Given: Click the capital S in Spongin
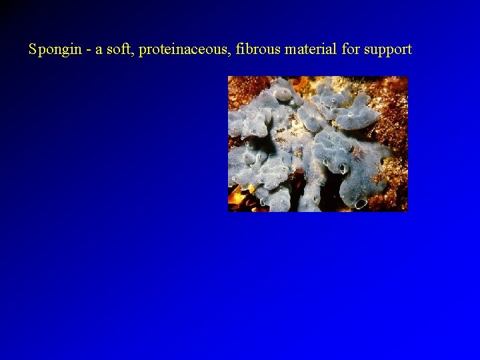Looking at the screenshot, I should [x=33, y=49].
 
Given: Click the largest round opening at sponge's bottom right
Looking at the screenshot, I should [x=361, y=203].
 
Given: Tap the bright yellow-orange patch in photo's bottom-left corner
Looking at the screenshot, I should [x=236, y=196].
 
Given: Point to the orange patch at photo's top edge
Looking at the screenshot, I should [x=301, y=82].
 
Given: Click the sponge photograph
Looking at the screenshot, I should [x=317, y=143].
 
